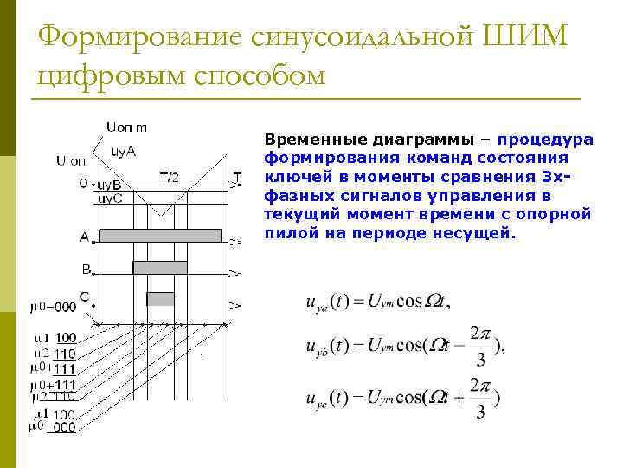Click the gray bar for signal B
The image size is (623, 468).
(159, 267)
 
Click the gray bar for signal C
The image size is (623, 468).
(160, 299)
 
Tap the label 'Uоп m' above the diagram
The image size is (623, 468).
(126, 127)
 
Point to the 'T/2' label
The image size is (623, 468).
(169, 178)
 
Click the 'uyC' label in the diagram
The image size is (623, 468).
(108, 198)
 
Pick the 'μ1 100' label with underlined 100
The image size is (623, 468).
(55, 337)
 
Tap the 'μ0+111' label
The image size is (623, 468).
(54, 384)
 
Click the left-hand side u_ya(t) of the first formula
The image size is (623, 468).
(327, 302)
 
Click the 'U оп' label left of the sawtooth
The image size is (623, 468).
(71, 160)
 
